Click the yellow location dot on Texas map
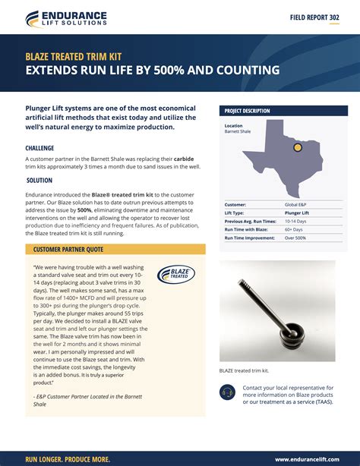tap(298, 147)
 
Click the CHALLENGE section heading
tap(39, 148)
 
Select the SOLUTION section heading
tap(39, 181)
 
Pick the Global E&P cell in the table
tap(296, 205)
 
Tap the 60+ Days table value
tap(294, 229)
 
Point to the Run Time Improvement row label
tap(250, 238)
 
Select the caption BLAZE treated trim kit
tap(244, 370)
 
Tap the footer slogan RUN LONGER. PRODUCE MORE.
tap(68, 459)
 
